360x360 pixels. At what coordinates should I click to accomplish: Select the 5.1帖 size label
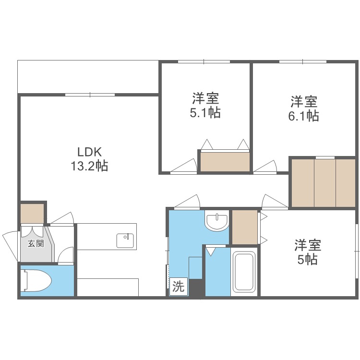coord(205,113)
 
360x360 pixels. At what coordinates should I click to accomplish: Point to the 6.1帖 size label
coord(304,116)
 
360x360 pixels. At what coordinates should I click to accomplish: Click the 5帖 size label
coord(308,260)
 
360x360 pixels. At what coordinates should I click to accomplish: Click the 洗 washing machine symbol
coord(178,287)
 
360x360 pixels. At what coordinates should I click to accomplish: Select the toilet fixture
coord(38,281)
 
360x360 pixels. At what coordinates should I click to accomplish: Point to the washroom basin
coord(217,221)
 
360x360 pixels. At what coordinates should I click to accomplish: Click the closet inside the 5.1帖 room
coord(225,161)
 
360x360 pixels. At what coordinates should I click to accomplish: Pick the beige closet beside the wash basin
coord(244,227)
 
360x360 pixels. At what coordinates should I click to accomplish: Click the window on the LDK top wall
coord(89,95)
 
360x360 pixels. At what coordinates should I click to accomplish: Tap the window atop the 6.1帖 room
coord(303,61)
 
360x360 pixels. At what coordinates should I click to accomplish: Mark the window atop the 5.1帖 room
coord(204,61)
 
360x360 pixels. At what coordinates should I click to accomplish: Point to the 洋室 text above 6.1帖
coord(304,102)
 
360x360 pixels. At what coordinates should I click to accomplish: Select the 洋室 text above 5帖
coord(308,245)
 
